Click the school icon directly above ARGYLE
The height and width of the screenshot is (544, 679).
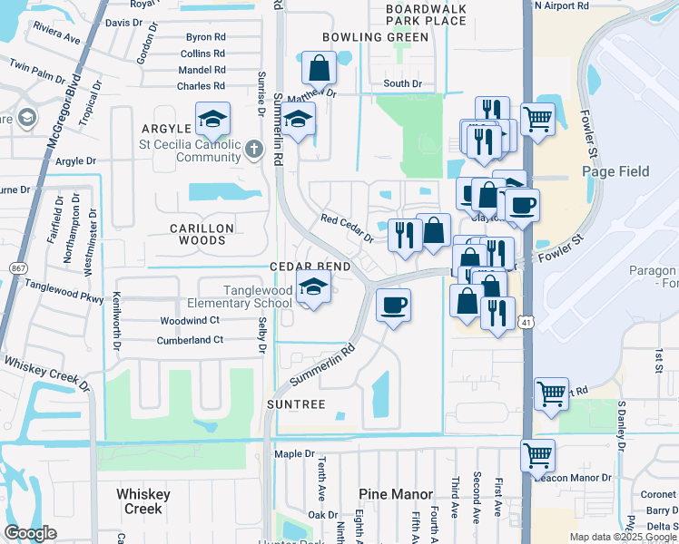coord(212,120)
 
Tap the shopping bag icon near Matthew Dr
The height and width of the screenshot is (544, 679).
coord(319,68)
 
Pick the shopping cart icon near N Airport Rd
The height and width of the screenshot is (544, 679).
coord(537,117)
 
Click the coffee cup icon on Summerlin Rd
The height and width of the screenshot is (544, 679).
coord(392,306)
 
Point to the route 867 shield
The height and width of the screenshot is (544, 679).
coord(17,268)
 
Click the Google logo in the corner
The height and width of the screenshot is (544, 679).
coord(30,533)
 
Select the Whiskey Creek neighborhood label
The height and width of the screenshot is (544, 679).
coord(139,500)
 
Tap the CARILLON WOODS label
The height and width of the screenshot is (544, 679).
coord(197,234)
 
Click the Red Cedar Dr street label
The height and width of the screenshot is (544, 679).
coord(347,228)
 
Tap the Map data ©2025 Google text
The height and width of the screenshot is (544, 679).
coord(622,537)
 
